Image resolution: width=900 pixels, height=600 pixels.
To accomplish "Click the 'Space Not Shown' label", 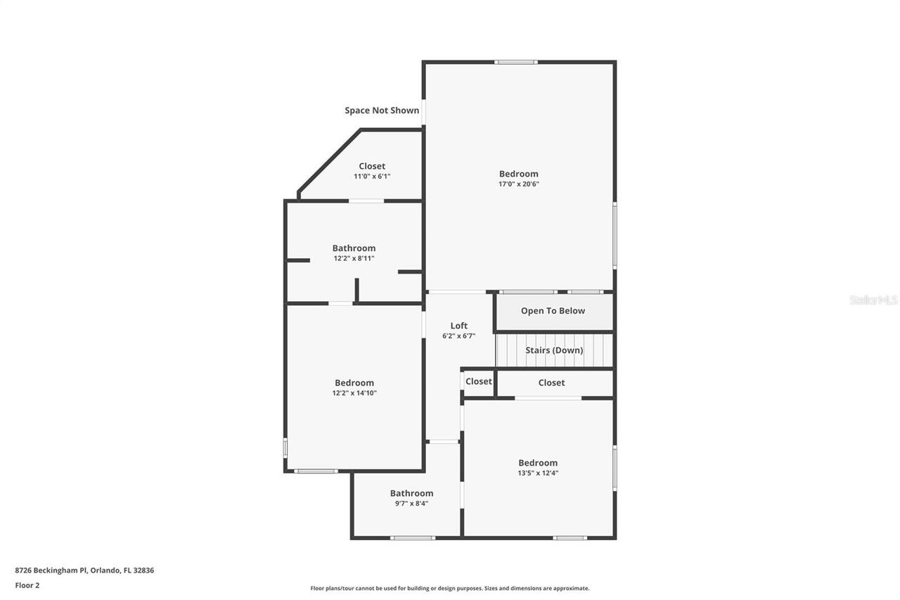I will [x=382, y=110].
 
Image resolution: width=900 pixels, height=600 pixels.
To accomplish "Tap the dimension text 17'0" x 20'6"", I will [x=519, y=184].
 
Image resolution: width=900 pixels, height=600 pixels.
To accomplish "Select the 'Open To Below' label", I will [x=553, y=311].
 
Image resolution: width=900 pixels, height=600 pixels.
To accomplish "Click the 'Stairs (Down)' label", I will [x=554, y=350].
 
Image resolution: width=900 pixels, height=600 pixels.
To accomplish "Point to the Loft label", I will [x=458, y=326].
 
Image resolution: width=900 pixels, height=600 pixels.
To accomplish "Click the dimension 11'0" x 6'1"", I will [x=372, y=177].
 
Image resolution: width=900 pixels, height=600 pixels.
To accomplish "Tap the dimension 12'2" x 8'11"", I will [x=354, y=258].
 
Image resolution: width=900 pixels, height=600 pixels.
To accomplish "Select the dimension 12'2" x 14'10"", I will [x=354, y=393].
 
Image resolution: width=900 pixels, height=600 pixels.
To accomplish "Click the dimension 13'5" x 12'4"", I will [x=538, y=473].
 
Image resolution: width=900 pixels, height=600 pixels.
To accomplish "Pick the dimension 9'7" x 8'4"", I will [x=411, y=504].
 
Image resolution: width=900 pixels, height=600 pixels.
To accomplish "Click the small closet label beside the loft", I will [x=478, y=381].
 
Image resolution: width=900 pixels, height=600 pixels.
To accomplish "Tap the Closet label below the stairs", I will [x=551, y=383].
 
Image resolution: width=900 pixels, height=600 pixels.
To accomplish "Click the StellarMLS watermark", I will [x=873, y=300].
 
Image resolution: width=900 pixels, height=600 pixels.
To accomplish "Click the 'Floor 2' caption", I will [x=27, y=585].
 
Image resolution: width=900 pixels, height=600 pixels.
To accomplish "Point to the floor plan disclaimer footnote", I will [x=450, y=588].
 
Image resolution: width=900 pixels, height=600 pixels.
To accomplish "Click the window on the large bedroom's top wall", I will [x=515, y=62].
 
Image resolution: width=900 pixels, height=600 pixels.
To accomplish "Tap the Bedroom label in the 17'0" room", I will [x=519, y=174].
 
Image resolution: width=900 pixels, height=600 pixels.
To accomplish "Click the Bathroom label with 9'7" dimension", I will [x=411, y=493].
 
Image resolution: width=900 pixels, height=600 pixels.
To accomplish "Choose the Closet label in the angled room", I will [x=372, y=166].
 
